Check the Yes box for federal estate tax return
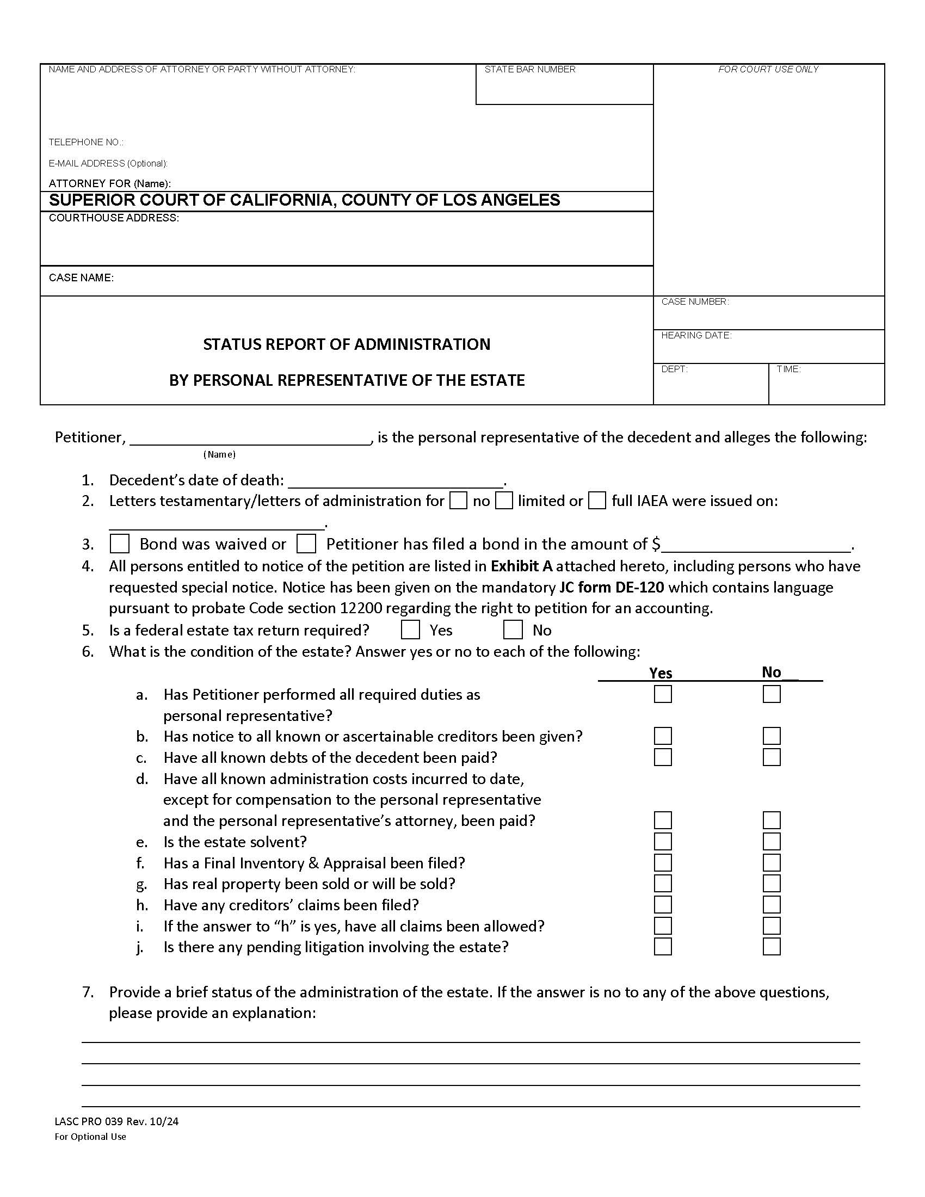click(410, 630)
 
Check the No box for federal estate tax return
click(513, 630)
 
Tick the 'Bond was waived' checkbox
click(120, 544)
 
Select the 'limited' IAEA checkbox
click(504, 501)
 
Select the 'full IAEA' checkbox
click(597, 501)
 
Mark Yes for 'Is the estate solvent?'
click(663, 841)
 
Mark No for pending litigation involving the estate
click(771, 947)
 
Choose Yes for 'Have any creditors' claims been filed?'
click(663, 904)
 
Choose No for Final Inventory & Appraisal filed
click(771, 863)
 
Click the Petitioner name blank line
click(250, 439)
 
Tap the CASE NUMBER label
click(694, 302)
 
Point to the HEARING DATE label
click(696, 335)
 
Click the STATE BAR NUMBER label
click(529, 70)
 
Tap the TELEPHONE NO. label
click(85, 143)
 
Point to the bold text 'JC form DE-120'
click(611, 588)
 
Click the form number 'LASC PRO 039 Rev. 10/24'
click(116, 1121)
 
